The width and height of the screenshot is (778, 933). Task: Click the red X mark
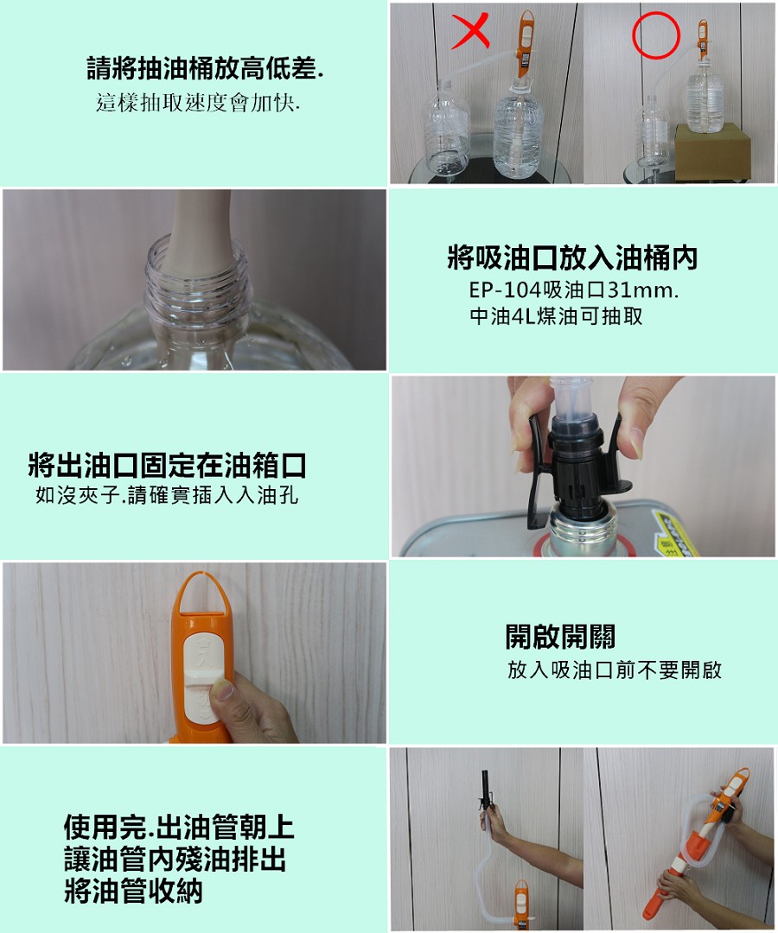pos(471,31)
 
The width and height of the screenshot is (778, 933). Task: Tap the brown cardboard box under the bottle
pos(712,153)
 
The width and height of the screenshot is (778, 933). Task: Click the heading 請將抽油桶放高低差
pos(206,68)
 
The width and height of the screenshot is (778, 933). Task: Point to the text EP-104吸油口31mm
pos(574,289)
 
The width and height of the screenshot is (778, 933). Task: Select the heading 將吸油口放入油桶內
pos(572,257)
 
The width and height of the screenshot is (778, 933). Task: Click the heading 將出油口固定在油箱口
pos(167,465)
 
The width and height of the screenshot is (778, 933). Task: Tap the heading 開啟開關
pos(560,636)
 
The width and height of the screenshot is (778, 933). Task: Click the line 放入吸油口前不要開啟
pos(615,670)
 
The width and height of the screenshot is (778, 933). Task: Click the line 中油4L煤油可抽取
pos(557,316)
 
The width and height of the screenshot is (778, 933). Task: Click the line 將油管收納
pos(133,892)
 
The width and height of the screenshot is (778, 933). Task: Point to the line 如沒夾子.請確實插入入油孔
pos(167,494)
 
